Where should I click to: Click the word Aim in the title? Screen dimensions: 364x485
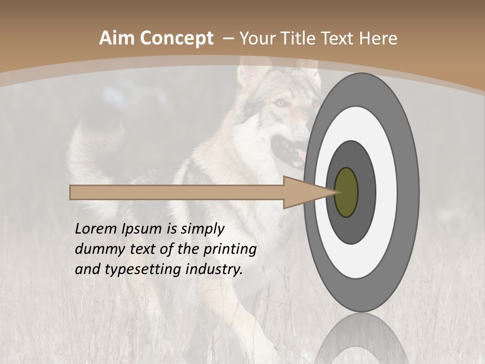[x=116, y=38]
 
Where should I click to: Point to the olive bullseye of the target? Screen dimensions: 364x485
[x=346, y=192]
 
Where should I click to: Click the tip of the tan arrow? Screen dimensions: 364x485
[x=335, y=192]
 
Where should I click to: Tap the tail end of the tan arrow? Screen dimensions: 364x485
[x=71, y=192]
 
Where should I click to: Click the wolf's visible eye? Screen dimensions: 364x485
[x=279, y=103]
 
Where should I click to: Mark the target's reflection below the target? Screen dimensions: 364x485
[x=361, y=339]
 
